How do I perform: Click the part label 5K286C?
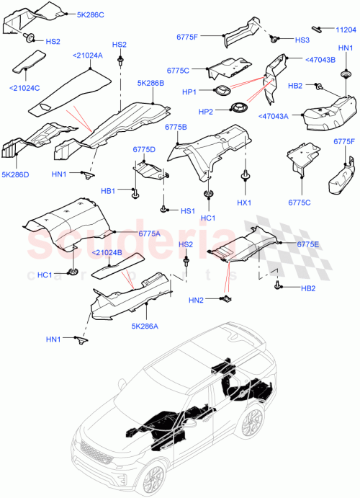[91, 14]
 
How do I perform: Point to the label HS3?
[302, 40]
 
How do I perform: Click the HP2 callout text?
[206, 112]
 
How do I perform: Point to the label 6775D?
[144, 149]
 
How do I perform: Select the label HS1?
[188, 210]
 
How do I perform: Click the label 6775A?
[149, 233]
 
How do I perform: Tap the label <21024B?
[107, 252]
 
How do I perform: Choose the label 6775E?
[309, 244]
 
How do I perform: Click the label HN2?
[197, 300]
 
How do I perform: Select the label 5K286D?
[16, 174]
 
